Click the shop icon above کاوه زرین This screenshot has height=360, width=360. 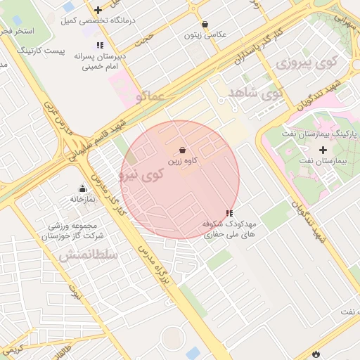(183, 150)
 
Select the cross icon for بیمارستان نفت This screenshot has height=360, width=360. (323, 150)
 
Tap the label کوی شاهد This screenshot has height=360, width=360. (255, 93)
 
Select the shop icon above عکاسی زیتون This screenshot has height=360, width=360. (204, 24)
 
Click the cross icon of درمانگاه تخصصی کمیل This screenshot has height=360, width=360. (98, 10)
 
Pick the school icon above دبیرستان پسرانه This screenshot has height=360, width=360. (100, 45)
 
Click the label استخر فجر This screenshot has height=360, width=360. (13, 32)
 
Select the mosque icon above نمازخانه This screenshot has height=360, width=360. (83, 188)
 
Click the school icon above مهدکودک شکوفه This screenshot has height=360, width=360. (229, 212)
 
